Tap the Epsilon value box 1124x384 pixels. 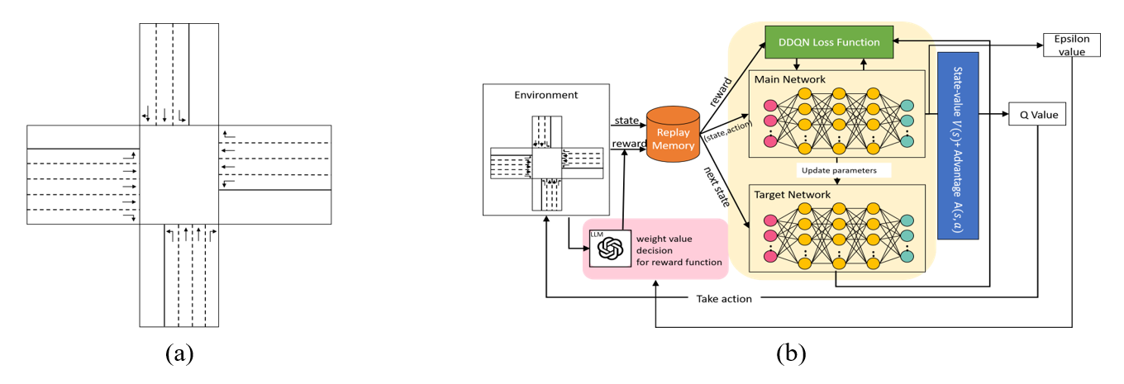1072,45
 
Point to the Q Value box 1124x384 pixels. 1037,115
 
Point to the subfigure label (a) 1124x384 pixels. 179,354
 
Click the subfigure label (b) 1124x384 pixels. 791,354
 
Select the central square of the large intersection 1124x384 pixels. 179,174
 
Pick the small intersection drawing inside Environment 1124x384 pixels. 546,163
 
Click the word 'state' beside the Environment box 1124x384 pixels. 627,121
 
